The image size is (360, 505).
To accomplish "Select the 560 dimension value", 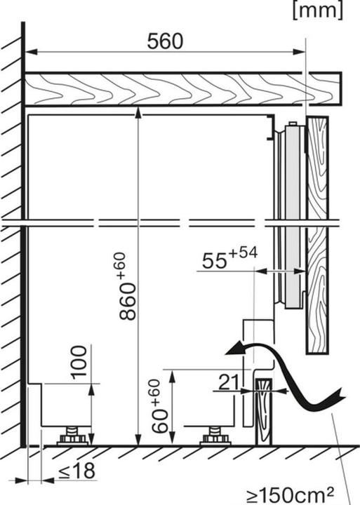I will point(165,42).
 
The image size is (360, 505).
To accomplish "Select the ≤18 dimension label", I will point(76,471).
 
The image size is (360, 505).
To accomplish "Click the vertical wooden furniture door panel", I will point(317,231).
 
